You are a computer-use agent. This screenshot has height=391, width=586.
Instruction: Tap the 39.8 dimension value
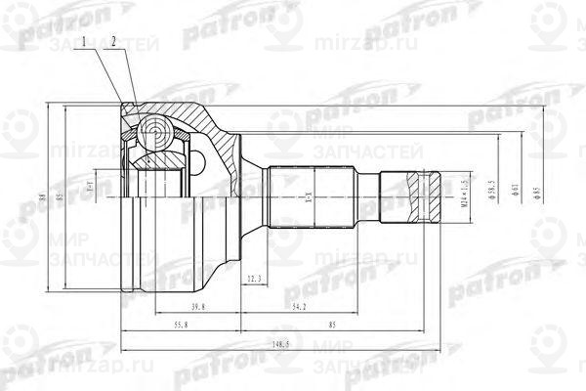pyautogui.click(x=199, y=308)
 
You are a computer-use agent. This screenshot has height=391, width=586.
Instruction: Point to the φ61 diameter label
pyautogui.click(x=513, y=187)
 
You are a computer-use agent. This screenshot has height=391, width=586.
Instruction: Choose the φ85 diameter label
pyautogui.click(x=536, y=188)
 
